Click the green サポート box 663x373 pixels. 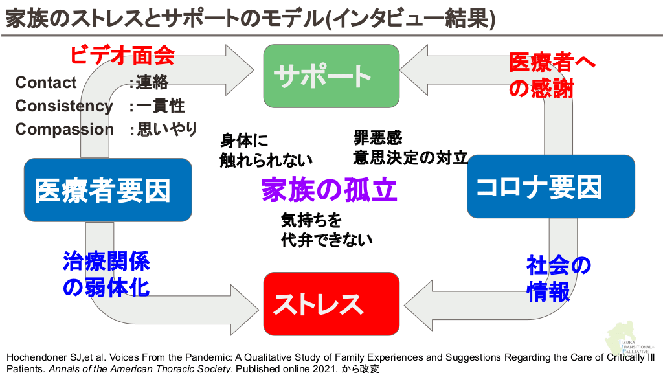[x=331, y=76]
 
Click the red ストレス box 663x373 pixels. [x=331, y=304]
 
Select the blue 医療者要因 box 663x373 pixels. [x=107, y=190]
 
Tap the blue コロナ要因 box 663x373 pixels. [x=550, y=186]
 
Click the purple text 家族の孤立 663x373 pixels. [x=329, y=189]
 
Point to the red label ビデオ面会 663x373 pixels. [x=122, y=54]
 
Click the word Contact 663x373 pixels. [x=46, y=83]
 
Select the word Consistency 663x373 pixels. [x=64, y=106]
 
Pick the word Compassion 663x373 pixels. [x=64, y=129]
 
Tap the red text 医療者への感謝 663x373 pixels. [x=551, y=75]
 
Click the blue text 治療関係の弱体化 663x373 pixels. [x=106, y=274]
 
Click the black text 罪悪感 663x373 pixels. [x=377, y=137]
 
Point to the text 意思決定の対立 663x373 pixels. [x=410, y=157]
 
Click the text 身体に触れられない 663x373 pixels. [x=265, y=150]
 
